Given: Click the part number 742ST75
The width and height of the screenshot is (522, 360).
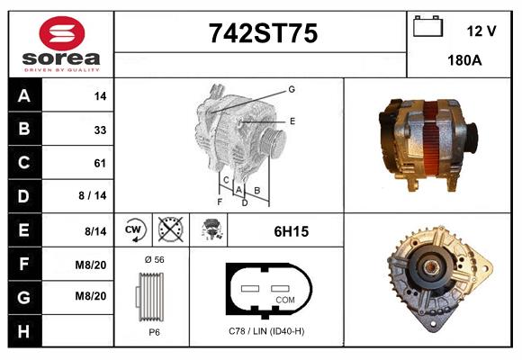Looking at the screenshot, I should tap(263, 33).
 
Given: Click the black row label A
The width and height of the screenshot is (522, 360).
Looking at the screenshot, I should tap(24, 95).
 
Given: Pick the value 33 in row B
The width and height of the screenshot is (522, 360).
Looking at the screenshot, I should tap(100, 130).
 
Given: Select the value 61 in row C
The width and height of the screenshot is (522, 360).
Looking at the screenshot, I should tap(100, 163).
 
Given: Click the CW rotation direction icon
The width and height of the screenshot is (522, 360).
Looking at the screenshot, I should tap(134, 230).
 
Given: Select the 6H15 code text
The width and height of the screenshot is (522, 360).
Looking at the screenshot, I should tap(291, 231).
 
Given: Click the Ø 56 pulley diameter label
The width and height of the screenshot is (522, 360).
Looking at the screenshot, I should tap(153, 259).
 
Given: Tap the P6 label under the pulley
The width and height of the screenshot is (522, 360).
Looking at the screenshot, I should tap(153, 331).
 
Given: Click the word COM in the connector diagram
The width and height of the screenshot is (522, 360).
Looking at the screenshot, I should tap(284, 299).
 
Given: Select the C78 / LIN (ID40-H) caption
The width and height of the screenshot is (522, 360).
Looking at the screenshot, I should tap(267, 331).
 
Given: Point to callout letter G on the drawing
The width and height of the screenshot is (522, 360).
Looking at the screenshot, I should tap(291, 89).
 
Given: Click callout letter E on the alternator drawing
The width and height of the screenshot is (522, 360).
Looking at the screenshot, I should tap(292, 120).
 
